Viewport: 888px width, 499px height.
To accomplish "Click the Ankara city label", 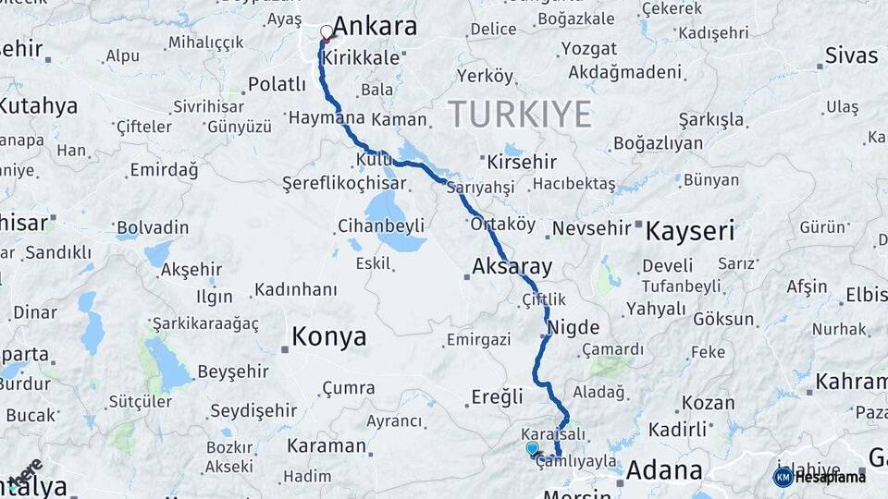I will pyautogui.click(x=375, y=27).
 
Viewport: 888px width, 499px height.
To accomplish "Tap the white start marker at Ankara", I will pyautogui.click(x=326, y=32).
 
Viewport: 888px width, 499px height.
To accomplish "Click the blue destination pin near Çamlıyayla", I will pyautogui.click(x=532, y=448).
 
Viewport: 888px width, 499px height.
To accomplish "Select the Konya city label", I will pyautogui.click(x=328, y=337).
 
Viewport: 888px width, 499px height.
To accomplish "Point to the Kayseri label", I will pyautogui.click(x=689, y=230).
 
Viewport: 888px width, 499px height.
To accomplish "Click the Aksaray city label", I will pyautogui.click(x=512, y=267).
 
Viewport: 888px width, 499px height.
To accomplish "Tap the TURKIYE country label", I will pyautogui.click(x=520, y=114).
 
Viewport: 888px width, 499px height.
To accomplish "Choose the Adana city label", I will pyautogui.click(x=664, y=470).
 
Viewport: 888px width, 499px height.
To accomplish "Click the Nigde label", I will pyautogui.click(x=573, y=328).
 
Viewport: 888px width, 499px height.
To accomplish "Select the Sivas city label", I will pyautogui.click(x=851, y=55).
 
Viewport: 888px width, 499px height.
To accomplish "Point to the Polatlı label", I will pyautogui.click(x=277, y=85).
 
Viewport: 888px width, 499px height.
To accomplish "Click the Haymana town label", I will pyautogui.click(x=327, y=118).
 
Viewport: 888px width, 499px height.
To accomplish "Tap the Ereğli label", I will pyautogui.click(x=498, y=396).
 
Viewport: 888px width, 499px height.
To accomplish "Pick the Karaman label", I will pyautogui.click(x=327, y=445).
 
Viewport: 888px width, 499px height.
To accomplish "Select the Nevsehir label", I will pyautogui.click(x=592, y=227).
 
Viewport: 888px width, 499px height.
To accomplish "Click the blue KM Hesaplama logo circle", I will pyautogui.click(x=783, y=477).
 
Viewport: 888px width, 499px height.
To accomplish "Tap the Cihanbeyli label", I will pyautogui.click(x=381, y=225).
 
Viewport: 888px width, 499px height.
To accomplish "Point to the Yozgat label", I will pyautogui.click(x=589, y=48).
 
